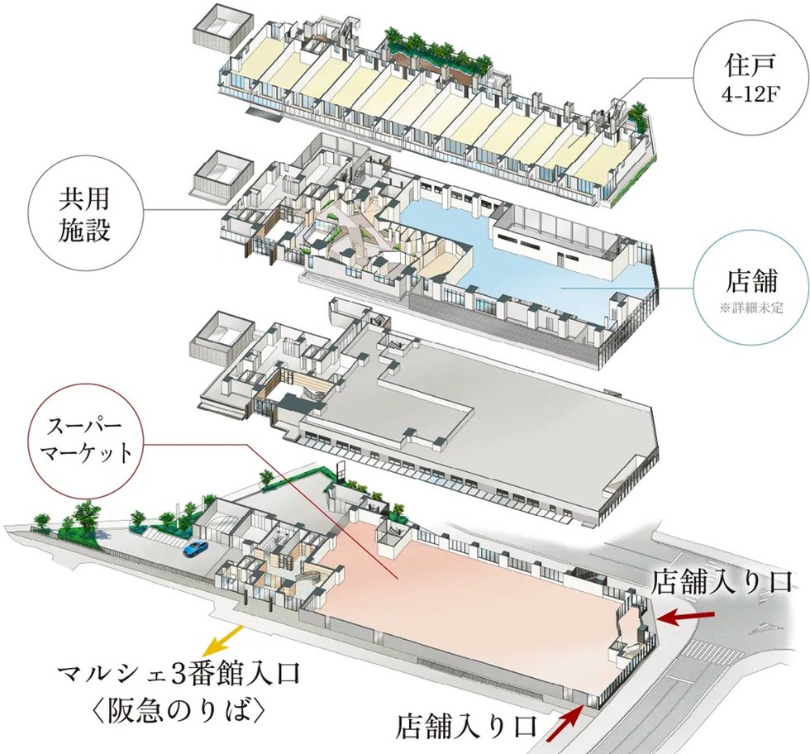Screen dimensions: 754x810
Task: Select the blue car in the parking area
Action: pos(195,547)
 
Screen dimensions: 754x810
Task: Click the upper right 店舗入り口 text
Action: pos(724,580)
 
